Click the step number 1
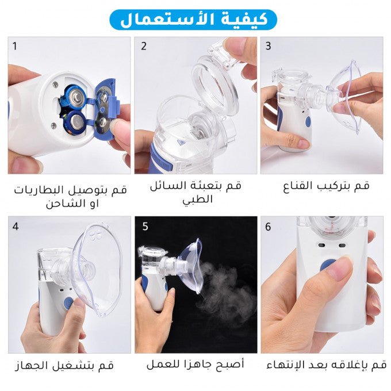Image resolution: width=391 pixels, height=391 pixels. [16, 46]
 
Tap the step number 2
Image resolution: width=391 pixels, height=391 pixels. [144, 46]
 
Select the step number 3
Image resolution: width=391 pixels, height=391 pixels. [268, 46]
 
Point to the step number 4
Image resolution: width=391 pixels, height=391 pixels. [16, 226]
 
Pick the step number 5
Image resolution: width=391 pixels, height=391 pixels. [145, 227]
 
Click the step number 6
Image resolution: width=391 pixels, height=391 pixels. [268, 227]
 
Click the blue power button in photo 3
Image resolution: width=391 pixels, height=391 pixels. [308, 122]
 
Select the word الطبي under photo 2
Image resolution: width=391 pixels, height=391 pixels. [197, 200]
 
